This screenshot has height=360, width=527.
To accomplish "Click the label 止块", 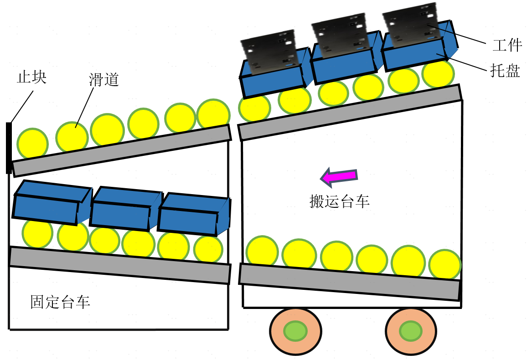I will (x=31, y=77).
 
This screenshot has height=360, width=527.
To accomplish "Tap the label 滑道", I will (x=104, y=80).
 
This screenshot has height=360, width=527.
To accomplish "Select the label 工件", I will (x=506, y=46).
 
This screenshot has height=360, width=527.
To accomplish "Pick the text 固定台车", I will (x=60, y=302).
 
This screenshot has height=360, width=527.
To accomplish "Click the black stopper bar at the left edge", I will (x=9, y=148).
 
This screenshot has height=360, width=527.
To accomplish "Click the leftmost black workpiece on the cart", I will (x=269, y=50).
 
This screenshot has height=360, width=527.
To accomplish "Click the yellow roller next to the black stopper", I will (x=32, y=144).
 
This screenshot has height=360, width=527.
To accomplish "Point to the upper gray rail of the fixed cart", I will (x=121, y=150).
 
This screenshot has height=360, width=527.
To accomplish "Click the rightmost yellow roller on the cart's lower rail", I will (x=445, y=264).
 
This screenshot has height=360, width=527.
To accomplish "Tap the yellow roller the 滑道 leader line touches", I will (x=72, y=136).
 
